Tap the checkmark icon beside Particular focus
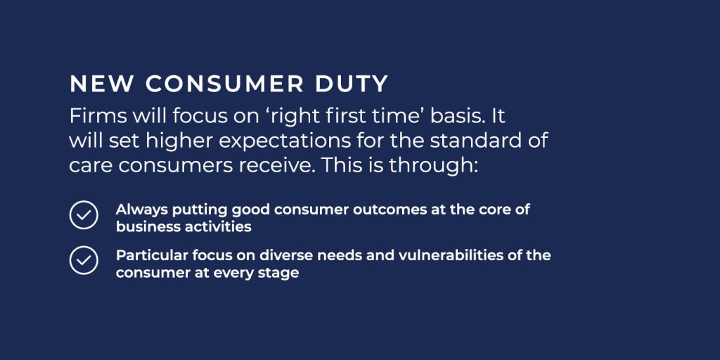tap(84, 260)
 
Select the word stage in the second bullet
tap(278, 273)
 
